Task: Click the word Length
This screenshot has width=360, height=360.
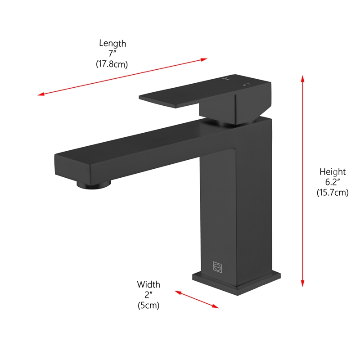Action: [x=112, y=44]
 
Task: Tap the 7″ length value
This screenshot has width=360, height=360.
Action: [x=112, y=54]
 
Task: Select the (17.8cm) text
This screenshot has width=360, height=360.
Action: [x=112, y=64]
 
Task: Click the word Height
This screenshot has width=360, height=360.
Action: [x=333, y=171]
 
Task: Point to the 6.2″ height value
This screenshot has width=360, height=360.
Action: [x=333, y=182]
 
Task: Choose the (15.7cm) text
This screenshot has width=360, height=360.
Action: [x=333, y=193]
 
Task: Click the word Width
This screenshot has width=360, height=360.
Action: [x=148, y=284]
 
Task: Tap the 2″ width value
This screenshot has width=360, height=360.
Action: [x=148, y=295]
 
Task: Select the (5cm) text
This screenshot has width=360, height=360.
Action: [x=148, y=305]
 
